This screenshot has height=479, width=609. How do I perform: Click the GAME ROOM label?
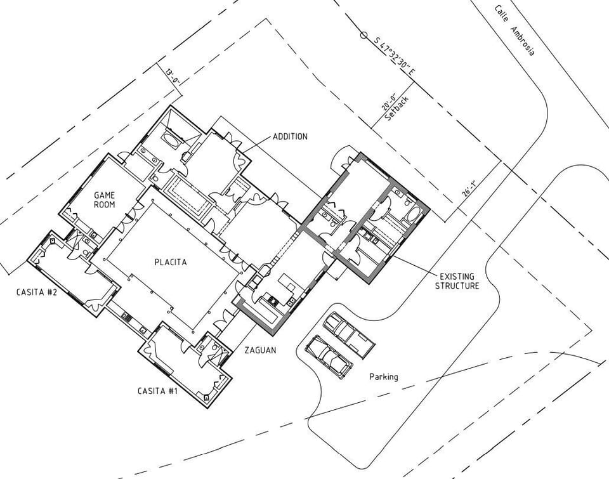tap(103, 200)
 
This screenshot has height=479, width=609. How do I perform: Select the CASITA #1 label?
tap(157, 390)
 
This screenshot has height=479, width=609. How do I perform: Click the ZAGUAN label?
tap(261, 350)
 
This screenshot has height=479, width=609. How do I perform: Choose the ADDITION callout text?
tap(290, 136)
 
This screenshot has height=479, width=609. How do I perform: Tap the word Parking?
tap(384, 377)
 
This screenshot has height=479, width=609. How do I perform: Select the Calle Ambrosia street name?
tap(514, 30)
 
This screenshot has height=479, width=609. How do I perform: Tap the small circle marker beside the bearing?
tap(364, 35)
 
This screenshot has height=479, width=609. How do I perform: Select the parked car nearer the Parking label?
tap(329, 357)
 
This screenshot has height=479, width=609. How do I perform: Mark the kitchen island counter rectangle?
tap(287, 282)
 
